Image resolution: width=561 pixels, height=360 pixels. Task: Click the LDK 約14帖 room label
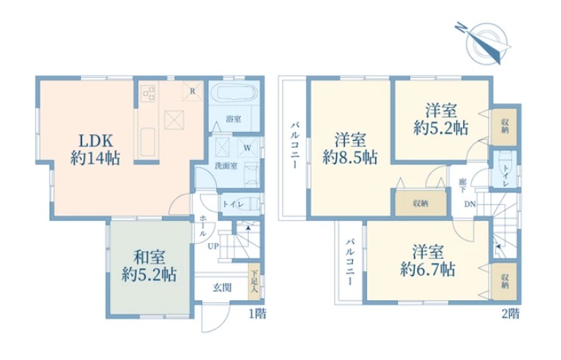(x=95, y=149)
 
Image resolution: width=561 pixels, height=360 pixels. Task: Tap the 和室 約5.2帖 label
(x=149, y=266)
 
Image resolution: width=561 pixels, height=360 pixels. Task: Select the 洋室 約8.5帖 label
(x=350, y=149)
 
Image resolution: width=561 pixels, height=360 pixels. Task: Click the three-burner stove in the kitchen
(x=149, y=94)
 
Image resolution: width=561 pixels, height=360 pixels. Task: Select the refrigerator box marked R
(x=192, y=91)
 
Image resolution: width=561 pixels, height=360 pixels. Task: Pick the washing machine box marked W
(x=247, y=148)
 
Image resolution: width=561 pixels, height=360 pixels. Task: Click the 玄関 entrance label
(x=222, y=288)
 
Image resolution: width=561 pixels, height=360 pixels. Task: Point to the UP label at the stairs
(x=213, y=246)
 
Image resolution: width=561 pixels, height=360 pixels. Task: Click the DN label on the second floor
(x=470, y=204)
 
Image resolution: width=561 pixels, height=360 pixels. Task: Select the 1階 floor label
(x=257, y=314)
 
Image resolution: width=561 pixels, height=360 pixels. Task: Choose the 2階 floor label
(x=511, y=314)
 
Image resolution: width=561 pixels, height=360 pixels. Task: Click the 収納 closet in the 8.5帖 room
(x=421, y=203)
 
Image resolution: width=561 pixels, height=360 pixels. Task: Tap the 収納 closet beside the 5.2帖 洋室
(x=505, y=127)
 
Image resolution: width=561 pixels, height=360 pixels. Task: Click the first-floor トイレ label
(x=234, y=205)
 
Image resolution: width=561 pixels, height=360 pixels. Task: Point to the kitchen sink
(x=147, y=142)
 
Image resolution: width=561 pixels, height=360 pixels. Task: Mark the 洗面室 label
(x=226, y=166)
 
